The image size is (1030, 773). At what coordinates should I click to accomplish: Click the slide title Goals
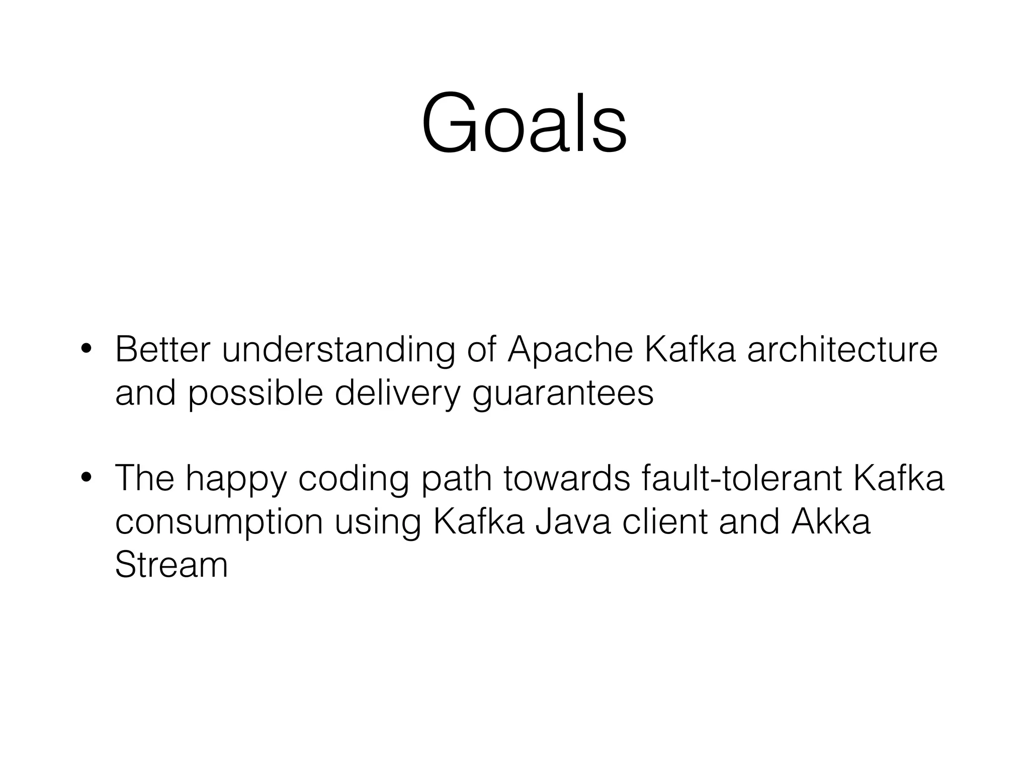524,123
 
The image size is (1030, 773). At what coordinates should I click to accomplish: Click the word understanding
338,350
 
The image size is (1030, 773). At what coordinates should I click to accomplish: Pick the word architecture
842,349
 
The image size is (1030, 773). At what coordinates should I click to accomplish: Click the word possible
255,394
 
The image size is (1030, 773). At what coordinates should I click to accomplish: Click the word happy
236,479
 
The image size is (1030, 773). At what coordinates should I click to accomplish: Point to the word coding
354,479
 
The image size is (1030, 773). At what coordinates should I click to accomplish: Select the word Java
572,522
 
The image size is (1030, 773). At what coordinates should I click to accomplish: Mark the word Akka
830,522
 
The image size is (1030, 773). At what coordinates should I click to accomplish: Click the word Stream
171,565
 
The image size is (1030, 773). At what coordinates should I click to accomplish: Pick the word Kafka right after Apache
690,349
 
